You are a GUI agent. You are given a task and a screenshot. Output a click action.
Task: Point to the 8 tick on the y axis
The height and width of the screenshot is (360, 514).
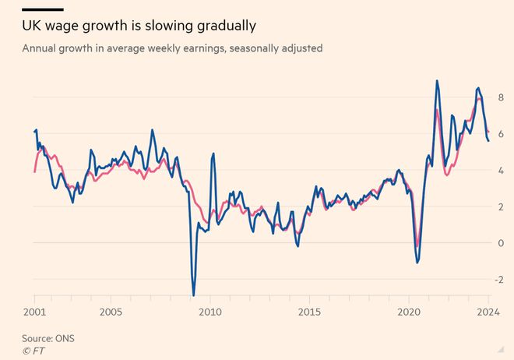tap(502, 98)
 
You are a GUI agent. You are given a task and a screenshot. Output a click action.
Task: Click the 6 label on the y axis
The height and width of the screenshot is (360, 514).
tap(502, 134)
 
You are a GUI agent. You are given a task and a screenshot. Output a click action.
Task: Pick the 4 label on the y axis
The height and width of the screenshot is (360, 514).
tap(502, 171)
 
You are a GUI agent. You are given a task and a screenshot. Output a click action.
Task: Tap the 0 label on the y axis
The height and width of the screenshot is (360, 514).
tap(502, 243)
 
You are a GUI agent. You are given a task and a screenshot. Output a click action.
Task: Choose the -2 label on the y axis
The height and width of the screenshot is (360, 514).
tap(499, 279)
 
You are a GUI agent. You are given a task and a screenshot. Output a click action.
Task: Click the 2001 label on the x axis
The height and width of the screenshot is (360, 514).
tap(35, 311)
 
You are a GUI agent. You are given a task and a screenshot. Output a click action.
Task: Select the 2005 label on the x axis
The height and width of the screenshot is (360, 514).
tap(111, 311)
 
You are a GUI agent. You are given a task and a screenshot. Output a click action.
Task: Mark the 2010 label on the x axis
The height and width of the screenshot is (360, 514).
tap(209, 311)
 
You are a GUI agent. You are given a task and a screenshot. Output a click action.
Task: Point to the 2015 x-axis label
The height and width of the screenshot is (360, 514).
tap(309, 311)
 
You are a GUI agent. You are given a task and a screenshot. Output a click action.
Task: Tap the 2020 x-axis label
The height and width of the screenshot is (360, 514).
tap(408, 311)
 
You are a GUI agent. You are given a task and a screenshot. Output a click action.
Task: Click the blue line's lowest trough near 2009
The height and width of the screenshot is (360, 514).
tap(193, 295)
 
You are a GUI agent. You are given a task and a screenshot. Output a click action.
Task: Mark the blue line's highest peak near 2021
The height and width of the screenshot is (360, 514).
tap(437, 80)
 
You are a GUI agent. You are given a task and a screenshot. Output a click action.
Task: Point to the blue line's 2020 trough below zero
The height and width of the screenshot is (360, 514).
tap(417, 262)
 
